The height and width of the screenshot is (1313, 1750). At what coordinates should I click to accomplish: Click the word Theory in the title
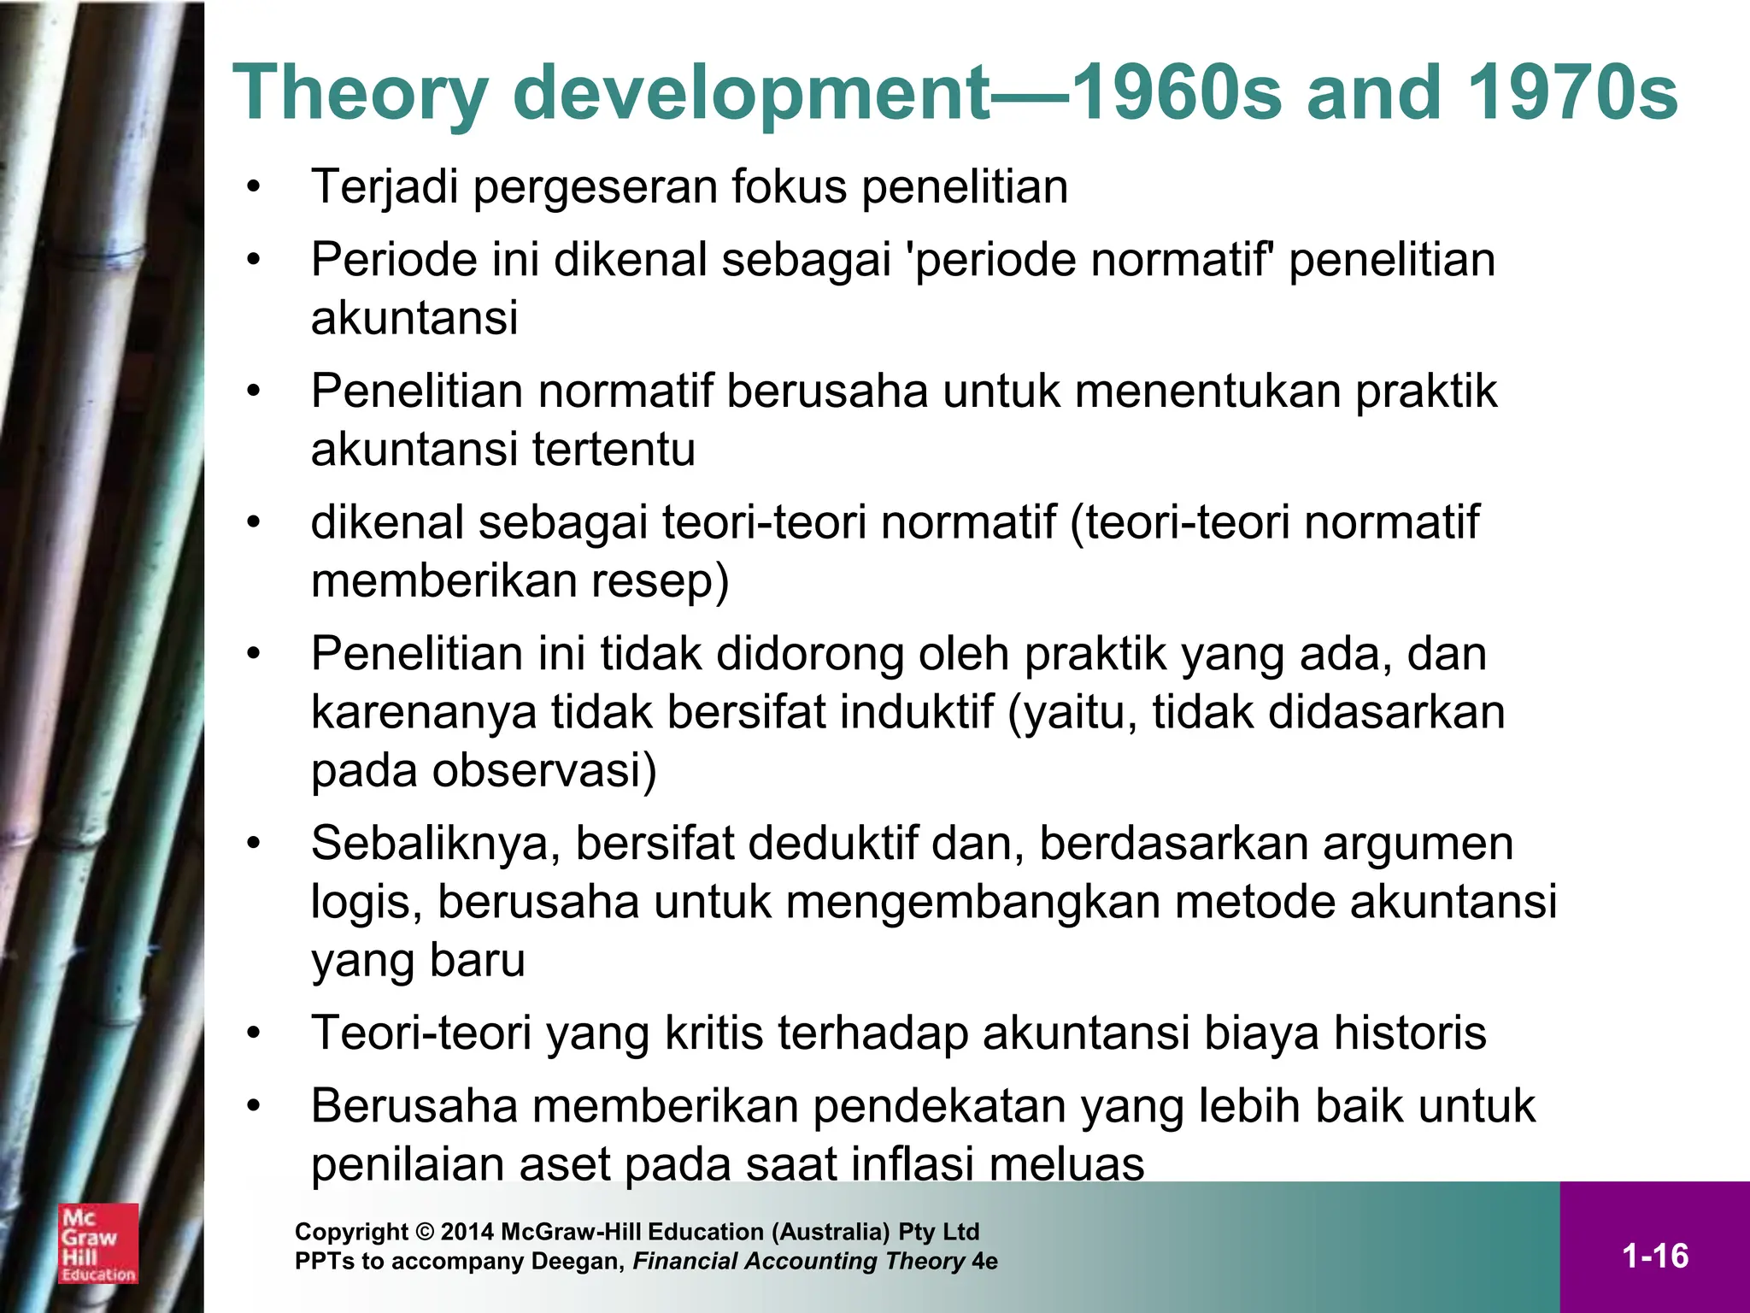click(359, 94)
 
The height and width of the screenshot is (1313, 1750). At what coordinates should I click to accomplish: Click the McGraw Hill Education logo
click(97, 1243)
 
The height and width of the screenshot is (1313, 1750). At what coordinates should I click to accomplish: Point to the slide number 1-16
click(1654, 1256)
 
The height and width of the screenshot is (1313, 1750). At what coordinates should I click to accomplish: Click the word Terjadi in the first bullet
click(385, 187)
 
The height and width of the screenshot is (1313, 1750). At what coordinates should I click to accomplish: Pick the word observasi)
click(544, 770)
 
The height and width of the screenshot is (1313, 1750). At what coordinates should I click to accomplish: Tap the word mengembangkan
click(972, 902)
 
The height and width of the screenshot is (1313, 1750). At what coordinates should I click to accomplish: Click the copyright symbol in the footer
click(425, 1232)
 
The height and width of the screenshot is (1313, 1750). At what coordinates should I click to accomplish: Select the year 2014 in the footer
click(467, 1232)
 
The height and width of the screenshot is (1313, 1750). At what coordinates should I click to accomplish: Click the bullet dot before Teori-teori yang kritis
click(253, 1033)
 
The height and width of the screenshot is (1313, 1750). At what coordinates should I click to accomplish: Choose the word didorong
click(809, 654)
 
